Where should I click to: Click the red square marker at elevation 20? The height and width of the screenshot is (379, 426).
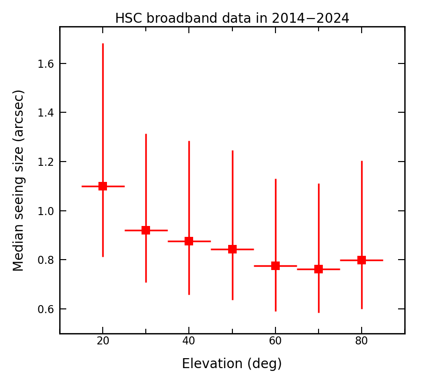click(x=103, y=186)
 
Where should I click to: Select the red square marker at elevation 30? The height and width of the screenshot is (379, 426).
click(x=146, y=230)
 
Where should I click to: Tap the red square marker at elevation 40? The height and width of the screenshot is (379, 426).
click(x=189, y=241)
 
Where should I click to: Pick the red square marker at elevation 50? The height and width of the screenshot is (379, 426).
click(x=232, y=249)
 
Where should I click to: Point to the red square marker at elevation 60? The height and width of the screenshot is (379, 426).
click(x=275, y=266)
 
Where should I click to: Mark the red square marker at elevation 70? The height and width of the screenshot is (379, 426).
click(x=319, y=269)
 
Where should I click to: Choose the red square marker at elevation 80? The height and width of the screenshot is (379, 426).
click(x=362, y=260)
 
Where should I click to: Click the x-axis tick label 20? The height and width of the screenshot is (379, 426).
click(x=103, y=341)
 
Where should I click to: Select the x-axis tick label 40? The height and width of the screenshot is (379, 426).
click(x=189, y=341)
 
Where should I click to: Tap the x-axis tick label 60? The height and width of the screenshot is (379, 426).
click(x=275, y=341)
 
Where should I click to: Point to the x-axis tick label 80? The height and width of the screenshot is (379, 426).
click(x=362, y=341)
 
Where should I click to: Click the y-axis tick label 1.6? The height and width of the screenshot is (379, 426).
click(x=45, y=63)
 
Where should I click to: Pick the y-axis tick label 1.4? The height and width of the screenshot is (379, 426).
click(x=45, y=113)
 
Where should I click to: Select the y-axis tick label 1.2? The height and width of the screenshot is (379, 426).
click(x=45, y=162)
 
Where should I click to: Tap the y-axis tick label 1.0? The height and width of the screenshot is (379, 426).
click(x=45, y=211)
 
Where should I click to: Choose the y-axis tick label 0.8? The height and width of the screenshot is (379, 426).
click(x=45, y=260)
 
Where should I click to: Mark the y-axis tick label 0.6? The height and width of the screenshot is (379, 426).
click(x=45, y=309)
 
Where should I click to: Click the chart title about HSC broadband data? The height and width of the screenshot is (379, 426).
click(x=232, y=18)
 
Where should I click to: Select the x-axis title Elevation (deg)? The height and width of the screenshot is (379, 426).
click(x=232, y=364)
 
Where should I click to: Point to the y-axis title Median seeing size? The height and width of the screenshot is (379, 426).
click(x=18, y=180)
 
